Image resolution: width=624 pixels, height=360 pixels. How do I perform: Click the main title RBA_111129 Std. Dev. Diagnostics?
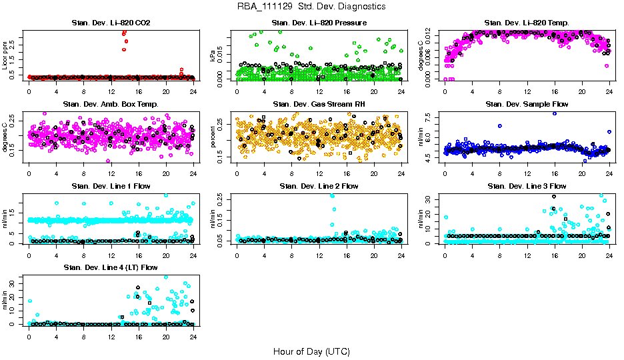click(311, 6)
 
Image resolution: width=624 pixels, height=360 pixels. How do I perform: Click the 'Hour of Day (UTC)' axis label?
click(311, 351)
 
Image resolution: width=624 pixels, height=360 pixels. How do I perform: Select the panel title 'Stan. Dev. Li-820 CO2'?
click(111, 23)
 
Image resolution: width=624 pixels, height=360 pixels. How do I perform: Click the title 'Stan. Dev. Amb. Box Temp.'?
click(111, 105)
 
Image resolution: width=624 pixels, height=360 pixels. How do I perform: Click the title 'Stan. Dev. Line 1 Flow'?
click(111, 186)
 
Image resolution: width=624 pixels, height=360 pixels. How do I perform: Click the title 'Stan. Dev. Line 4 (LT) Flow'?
click(111, 267)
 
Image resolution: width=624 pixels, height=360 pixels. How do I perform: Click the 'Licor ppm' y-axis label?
click(6, 55)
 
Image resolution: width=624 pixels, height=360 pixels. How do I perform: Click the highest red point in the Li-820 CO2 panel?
click(125, 32)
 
